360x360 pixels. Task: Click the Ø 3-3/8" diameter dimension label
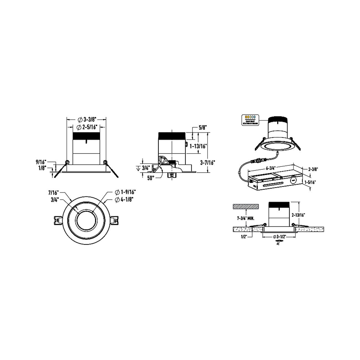point(86,120)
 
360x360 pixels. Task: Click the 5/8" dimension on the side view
point(203,128)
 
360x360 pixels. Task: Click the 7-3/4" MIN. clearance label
point(246,218)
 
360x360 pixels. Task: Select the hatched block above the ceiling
point(246,207)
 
